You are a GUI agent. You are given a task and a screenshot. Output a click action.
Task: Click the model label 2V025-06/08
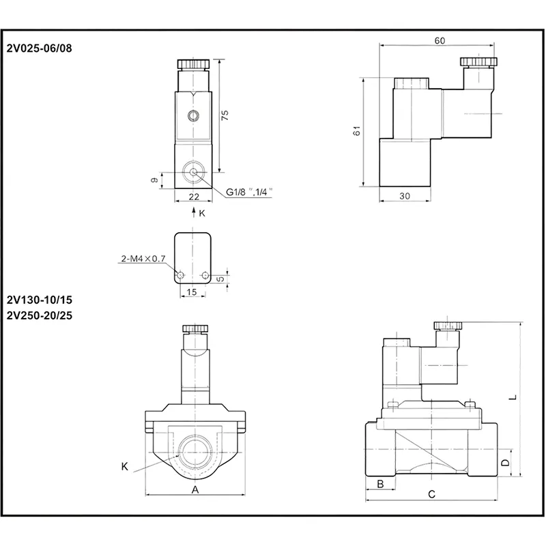coord(40,48)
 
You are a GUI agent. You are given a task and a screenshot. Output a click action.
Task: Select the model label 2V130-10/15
coord(40,300)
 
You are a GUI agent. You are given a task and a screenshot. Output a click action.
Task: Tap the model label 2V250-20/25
coord(40,315)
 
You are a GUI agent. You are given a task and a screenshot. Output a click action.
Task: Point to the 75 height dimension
coord(225,115)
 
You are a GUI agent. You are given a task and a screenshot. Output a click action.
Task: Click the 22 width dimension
coord(194,197)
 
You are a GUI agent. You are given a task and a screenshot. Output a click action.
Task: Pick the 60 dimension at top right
coord(440,41)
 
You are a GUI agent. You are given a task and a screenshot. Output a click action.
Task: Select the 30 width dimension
coord(404,196)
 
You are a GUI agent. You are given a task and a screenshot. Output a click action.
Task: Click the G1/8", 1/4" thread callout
coord(249,192)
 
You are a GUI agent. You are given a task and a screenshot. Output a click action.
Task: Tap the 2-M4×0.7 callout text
coord(143,259)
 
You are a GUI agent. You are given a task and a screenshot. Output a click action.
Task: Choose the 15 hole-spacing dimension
coord(192,292)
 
